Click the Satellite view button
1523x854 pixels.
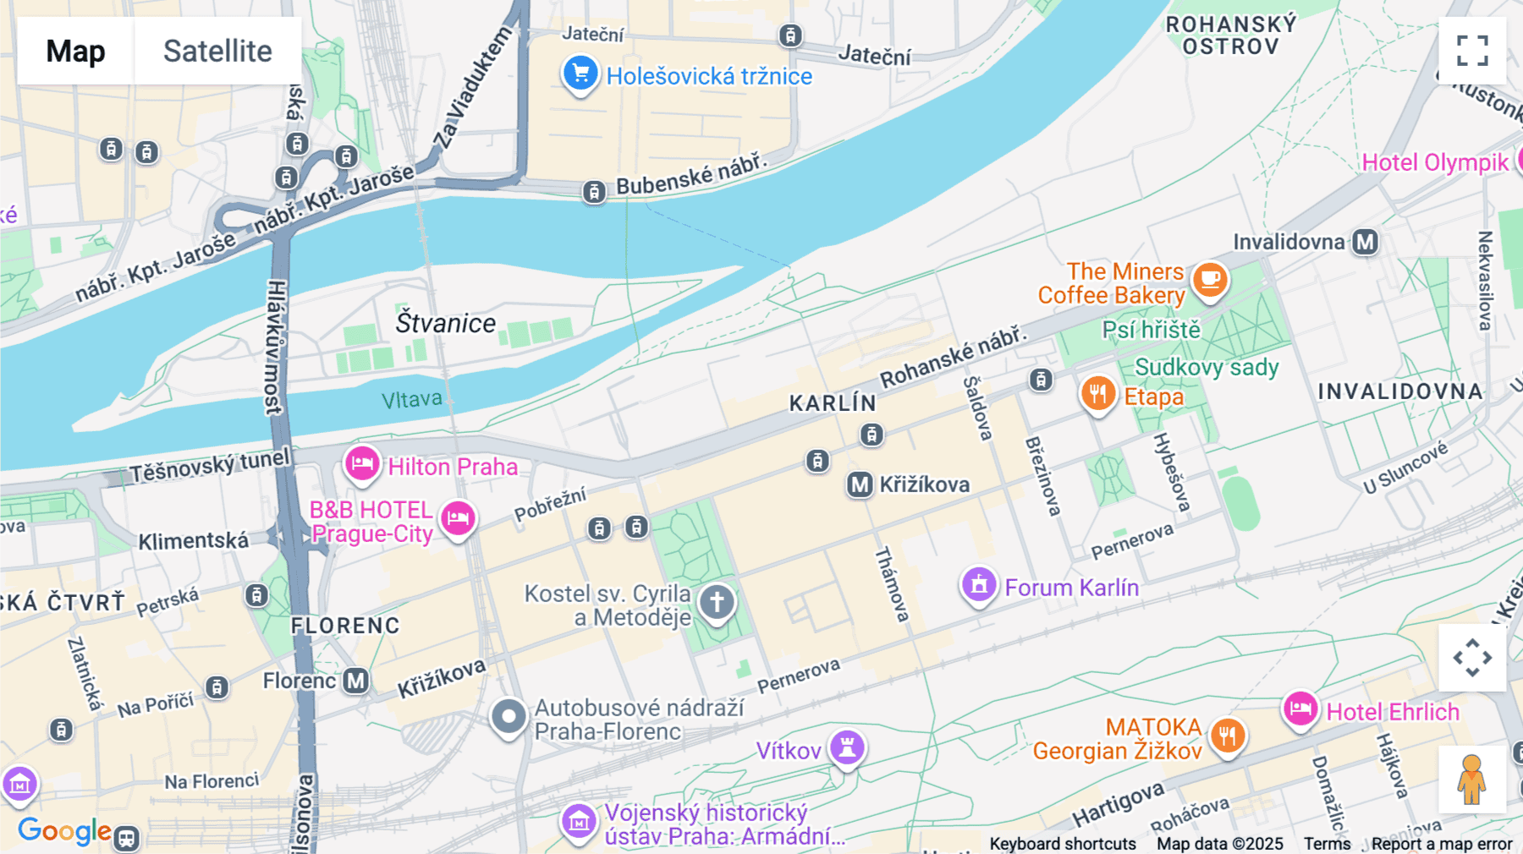[x=217, y=51]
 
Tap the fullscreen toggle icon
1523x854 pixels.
[x=1472, y=51]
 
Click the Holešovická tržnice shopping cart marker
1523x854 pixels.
[x=580, y=74]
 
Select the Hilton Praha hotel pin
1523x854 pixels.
[x=362, y=463]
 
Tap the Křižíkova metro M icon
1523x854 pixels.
[x=860, y=484]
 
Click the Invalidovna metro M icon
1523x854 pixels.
[x=1365, y=243]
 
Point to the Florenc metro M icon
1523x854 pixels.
[x=356, y=681]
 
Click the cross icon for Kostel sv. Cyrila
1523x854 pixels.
[x=717, y=602]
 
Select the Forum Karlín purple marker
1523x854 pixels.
[x=979, y=584]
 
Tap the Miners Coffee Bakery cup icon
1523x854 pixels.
[x=1210, y=279]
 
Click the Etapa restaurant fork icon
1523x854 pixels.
[x=1097, y=393]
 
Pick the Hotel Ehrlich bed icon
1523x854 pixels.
[x=1300, y=709]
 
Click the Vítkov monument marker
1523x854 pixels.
[x=847, y=747]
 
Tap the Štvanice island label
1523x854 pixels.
[x=446, y=323]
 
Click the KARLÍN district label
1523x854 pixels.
[x=833, y=403]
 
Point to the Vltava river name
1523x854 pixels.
[x=411, y=399]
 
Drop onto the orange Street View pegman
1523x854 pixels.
[x=1471, y=780]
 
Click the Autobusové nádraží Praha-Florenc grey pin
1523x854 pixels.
[x=509, y=717]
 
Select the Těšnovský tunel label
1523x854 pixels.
[x=209, y=466]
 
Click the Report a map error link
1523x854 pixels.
[x=1442, y=844]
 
